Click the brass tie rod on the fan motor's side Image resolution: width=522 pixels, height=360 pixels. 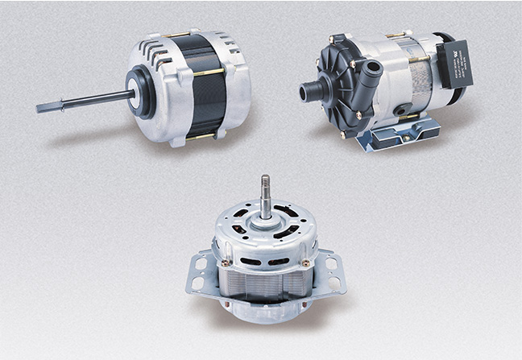click(209, 72)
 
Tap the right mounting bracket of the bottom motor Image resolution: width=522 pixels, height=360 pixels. click(330, 270)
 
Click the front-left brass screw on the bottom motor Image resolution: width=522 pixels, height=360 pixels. click(226, 262)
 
